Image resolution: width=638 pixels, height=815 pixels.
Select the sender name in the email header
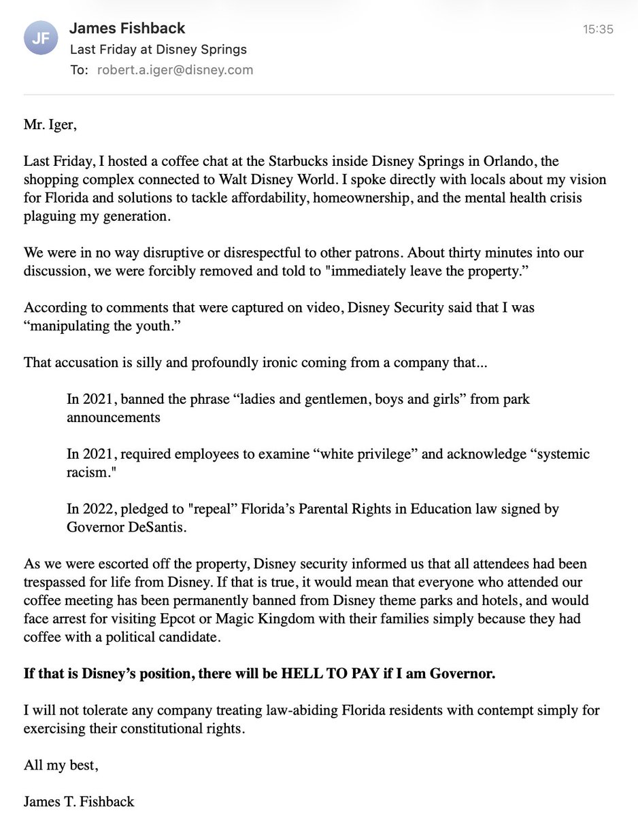[127, 29]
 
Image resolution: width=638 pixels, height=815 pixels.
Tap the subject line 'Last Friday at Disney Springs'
[158, 50]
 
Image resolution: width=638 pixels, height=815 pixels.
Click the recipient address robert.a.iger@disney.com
[175, 70]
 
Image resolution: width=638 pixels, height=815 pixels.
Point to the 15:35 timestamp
[598, 29]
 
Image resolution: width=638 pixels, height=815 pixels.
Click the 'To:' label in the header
[79, 70]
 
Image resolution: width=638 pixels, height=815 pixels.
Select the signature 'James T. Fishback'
[79, 801]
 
